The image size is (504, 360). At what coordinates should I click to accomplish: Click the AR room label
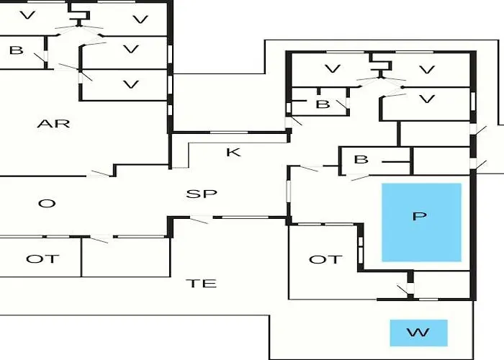coord(53,123)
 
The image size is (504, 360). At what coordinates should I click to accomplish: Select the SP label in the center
coord(202,194)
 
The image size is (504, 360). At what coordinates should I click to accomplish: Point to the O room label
coord(47,204)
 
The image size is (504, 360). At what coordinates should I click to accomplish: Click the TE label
coord(202,283)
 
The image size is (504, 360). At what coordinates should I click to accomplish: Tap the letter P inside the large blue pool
coord(420,216)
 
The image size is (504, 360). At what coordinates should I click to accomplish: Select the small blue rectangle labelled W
coord(418,333)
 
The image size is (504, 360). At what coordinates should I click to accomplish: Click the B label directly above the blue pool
coord(361,159)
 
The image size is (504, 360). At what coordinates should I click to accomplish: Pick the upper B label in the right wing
coord(323,104)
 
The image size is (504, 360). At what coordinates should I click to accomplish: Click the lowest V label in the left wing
coord(130,84)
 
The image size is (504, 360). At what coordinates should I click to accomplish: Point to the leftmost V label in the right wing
coord(332,69)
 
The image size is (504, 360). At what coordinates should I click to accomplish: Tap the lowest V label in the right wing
coord(428,99)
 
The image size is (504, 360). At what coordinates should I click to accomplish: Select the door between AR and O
coord(101,174)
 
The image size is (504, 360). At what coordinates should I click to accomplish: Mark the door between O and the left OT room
coord(100,238)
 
